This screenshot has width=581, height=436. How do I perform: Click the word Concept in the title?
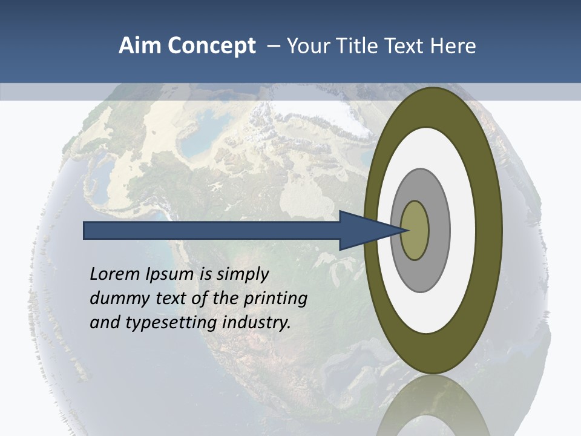[212, 46]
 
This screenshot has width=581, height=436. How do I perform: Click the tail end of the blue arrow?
[85, 230]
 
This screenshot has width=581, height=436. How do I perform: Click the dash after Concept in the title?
[273, 46]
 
